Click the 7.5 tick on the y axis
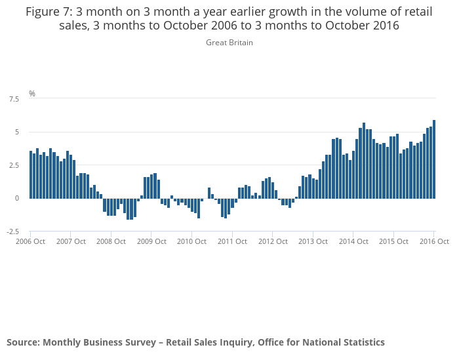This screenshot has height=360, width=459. tap(13, 99)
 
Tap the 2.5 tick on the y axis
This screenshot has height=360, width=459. tap(13, 165)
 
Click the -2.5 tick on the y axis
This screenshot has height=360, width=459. tap(12, 231)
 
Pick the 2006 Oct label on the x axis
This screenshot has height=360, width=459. tap(30, 241)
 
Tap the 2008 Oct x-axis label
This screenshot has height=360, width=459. tap(111, 241)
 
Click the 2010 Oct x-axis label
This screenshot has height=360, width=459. tap(191, 241)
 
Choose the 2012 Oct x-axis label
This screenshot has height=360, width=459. tap(273, 241)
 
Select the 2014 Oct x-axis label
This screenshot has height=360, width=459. tap(353, 241)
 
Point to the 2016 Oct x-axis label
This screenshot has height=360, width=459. tap(433, 241)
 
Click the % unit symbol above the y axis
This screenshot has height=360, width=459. tap(31, 94)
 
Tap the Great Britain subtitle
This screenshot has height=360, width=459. tap(229, 43)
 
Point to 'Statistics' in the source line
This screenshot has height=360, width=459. tap(359, 342)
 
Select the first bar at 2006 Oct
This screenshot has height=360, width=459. tap(31, 174)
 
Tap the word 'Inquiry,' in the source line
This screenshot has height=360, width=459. tap(234, 342)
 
